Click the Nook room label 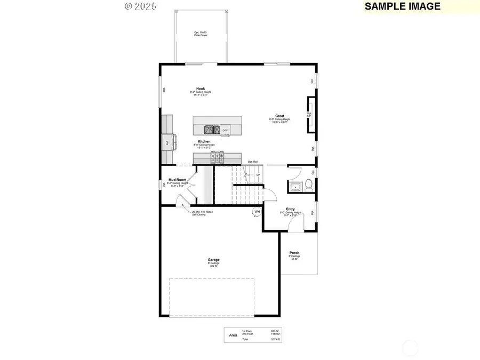click(201, 89)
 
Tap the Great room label click(279, 116)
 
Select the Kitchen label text click(204, 141)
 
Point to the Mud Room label click(177, 180)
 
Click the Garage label click(214, 260)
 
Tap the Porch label click(294, 253)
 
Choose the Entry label click(291, 209)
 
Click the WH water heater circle click(257, 212)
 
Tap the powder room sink click(295, 187)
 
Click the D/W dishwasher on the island click(225, 130)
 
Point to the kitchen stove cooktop click(218, 158)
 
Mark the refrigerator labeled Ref click(167, 143)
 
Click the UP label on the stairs click(258, 175)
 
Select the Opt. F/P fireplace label click(309, 115)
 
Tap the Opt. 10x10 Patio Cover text click(201, 34)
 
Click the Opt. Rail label click(253, 162)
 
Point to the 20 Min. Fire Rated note click(202, 212)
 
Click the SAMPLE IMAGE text click(403, 6)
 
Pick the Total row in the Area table click(246, 339)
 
